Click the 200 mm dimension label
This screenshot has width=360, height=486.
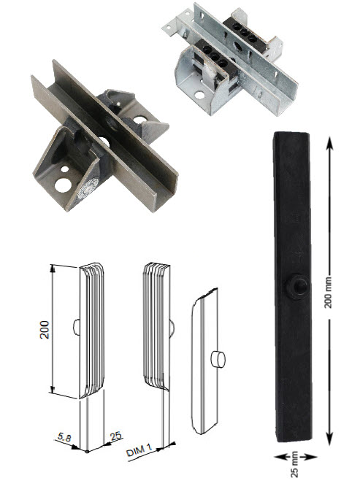[x=328, y=292]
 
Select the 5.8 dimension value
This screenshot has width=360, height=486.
[x=64, y=437]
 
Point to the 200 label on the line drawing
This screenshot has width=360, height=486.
[x=45, y=330]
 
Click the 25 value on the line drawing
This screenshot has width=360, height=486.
[x=115, y=436]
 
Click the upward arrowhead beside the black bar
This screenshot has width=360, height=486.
[x=329, y=144]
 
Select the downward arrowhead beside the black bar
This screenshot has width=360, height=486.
[x=329, y=438]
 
